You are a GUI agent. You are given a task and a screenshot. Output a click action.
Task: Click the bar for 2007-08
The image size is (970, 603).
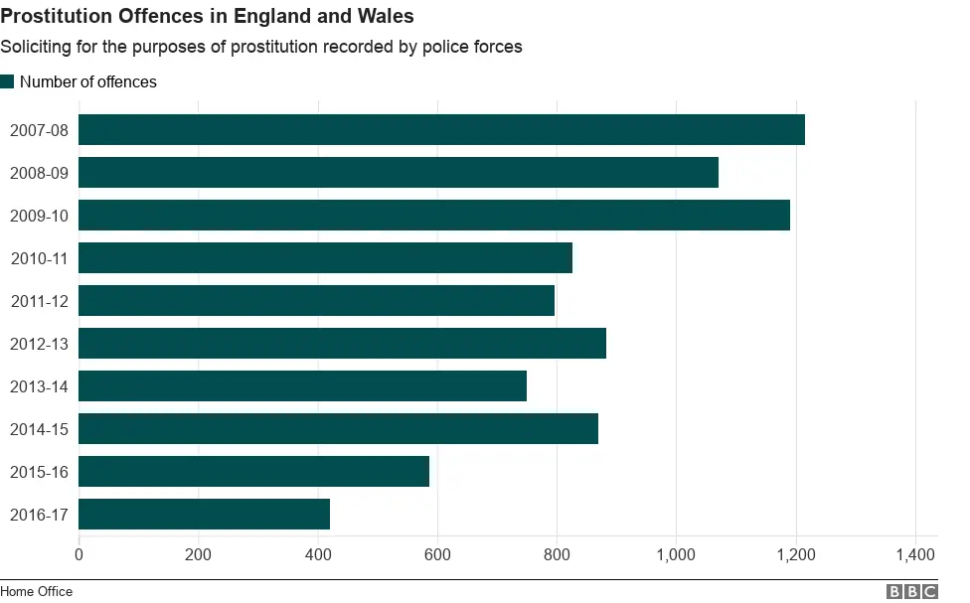pyautogui.click(x=441, y=130)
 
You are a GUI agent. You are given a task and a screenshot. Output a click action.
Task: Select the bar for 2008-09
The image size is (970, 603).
pyautogui.click(x=398, y=173)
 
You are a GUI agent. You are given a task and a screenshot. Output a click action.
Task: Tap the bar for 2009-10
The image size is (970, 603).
pyautogui.click(x=433, y=216)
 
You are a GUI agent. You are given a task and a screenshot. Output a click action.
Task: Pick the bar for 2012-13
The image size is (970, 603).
pyautogui.click(x=342, y=344)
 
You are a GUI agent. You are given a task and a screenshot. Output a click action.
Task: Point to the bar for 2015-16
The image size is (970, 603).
pyautogui.click(x=253, y=472)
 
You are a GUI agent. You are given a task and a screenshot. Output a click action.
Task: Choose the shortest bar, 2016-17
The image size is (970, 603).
pyautogui.click(x=204, y=515)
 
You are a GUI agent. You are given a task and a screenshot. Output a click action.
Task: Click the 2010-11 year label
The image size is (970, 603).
pyautogui.click(x=39, y=258)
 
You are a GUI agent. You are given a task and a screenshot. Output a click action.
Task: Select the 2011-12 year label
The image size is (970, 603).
pyautogui.click(x=39, y=301)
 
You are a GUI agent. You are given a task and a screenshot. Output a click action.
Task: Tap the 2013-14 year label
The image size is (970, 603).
pyautogui.click(x=39, y=386)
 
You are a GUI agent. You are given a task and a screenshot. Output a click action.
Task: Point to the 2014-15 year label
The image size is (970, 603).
pyautogui.click(x=39, y=429)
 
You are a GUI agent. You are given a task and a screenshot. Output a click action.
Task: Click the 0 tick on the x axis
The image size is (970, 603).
pyautogui.click(x=80, y=554)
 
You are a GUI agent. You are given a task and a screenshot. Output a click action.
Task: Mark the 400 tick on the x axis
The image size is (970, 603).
pyautogui.click(x=318, y=554)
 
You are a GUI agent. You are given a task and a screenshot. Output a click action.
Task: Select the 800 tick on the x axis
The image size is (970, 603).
pyautogui.click(x=557, y=554)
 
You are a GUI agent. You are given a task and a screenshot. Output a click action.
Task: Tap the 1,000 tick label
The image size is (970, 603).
pyautogui.click(x=676, y=554)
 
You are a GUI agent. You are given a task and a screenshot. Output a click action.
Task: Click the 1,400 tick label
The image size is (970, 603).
pyautogui.click(x=914, y=554)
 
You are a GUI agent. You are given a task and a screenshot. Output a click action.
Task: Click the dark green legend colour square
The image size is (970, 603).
pyautogui.click(x=8, y=81)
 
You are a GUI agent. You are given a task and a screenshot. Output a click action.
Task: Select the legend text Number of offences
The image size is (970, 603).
pyautogui.click(x=88, y=81)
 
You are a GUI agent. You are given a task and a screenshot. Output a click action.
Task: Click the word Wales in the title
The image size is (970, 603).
pyautogui.click(x=386, y=17)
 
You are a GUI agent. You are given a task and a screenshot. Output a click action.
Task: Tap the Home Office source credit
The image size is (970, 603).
pyautogui.click(x=37, y=591)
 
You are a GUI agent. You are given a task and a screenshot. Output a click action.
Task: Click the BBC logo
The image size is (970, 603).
pyautogui.click(x=911, y=591)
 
